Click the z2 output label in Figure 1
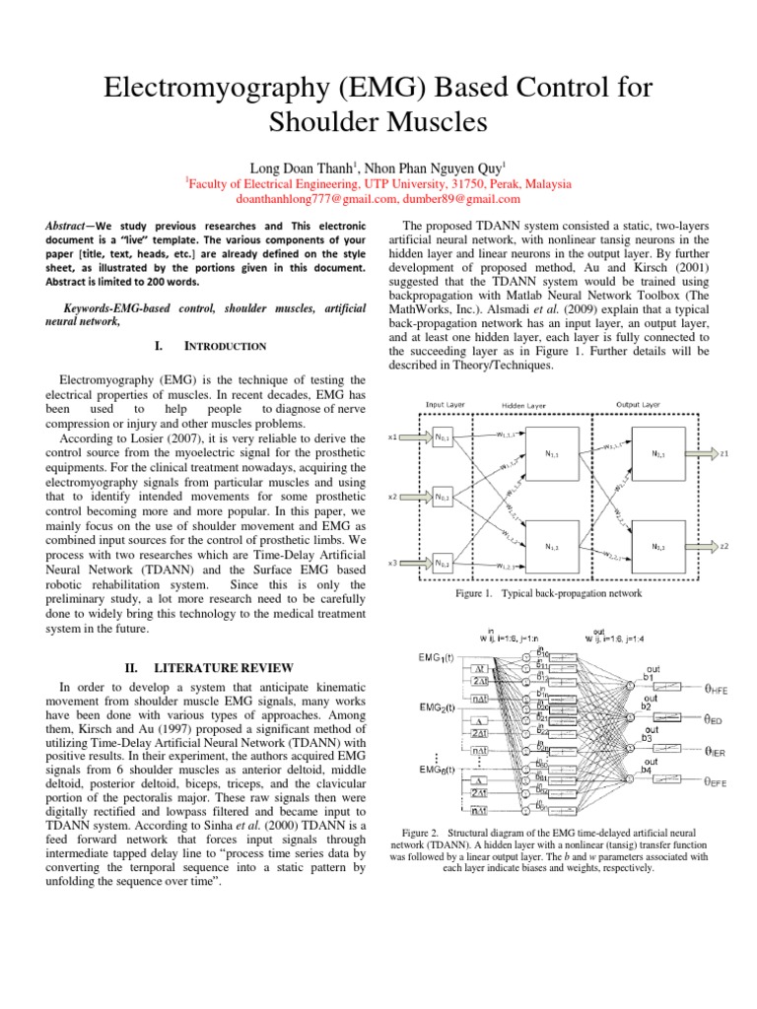(724, 545)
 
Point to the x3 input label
(393, 563)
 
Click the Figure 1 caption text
(549, 594)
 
